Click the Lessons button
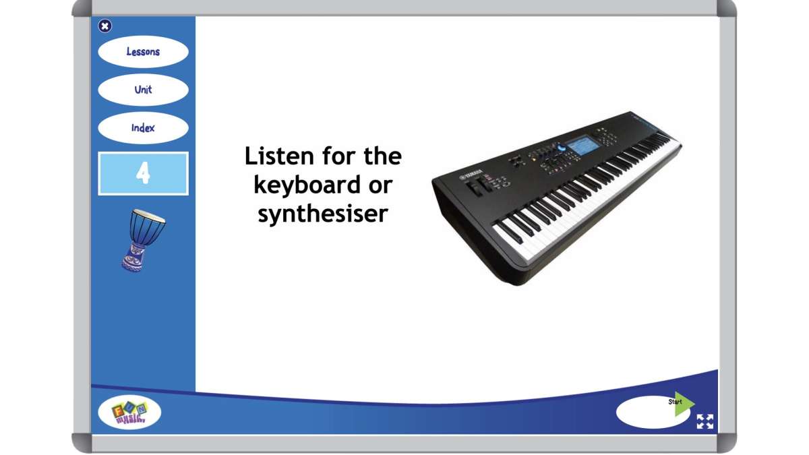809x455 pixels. tap(143, 52)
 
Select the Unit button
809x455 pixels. tap(143, 90)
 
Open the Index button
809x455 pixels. tap(143, 128)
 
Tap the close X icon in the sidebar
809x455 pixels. tap(104, 26)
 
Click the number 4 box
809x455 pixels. tap(143, 174)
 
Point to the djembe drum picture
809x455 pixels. tap(142, 239)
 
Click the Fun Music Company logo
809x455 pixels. tap(129, 413)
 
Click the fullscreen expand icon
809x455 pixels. tap(705, 421)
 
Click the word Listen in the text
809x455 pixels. tap(278, 156)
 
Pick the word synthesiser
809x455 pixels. tap(323, 214)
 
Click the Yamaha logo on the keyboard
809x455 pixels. tap(472, 177)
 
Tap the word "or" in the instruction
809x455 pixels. tap(380, 185)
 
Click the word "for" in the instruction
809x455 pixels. tap(339, 156)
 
